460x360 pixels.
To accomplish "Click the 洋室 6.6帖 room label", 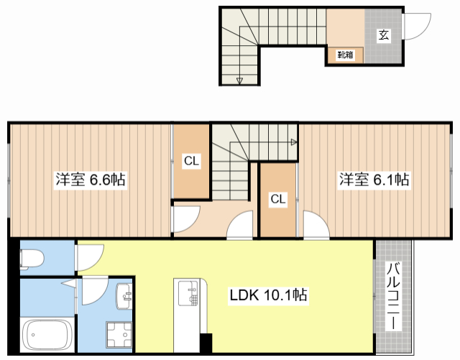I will (90, 180).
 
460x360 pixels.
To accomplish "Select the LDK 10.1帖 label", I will (269, 295).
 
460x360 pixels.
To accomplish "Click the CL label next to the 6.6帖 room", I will (190, 161).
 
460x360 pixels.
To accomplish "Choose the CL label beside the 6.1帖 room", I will (277, 199).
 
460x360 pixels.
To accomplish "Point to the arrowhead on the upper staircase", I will (239, 80).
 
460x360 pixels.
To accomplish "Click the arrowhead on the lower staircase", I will (294, 142).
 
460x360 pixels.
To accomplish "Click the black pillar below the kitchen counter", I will (206, 343).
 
